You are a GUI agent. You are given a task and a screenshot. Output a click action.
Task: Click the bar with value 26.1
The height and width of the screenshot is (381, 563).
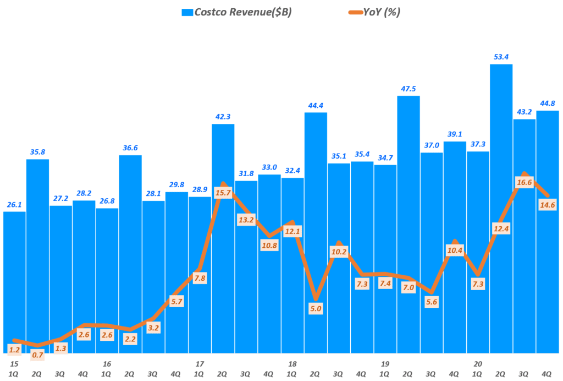[x=14, y=275]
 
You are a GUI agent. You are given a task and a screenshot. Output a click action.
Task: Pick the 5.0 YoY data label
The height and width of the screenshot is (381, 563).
[x=316, y=309]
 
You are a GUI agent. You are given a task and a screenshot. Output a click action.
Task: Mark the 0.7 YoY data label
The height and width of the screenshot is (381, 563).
[x=37, y=355]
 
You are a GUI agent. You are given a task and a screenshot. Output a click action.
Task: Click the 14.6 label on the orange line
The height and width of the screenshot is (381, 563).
[x=548, y=204]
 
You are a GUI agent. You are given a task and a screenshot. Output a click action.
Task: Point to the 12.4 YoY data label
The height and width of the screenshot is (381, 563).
[x=501, y=228]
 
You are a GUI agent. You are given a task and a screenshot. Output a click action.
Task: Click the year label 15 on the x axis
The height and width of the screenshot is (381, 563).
[x=13, y=364]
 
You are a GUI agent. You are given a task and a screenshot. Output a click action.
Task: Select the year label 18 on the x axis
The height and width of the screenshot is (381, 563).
[x=292, y=364]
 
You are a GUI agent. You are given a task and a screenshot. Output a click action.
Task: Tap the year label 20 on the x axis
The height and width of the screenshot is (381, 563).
[x=478, y=364]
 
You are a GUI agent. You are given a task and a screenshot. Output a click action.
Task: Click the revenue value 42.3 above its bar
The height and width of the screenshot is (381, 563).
[x=223, y=117]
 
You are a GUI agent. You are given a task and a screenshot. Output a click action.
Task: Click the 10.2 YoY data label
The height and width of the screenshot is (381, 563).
[x=339, y=252]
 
